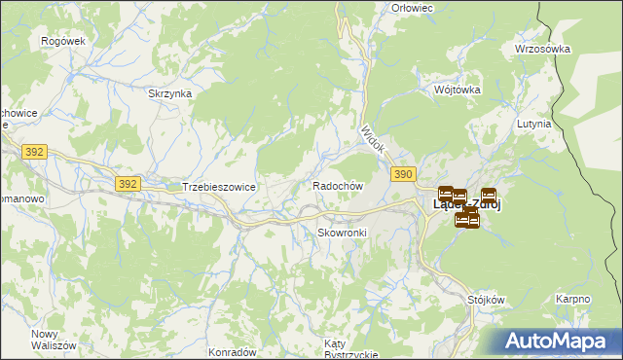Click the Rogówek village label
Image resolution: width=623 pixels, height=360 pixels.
64,41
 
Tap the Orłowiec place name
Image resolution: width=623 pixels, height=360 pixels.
412,8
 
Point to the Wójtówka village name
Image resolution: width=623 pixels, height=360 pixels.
458,89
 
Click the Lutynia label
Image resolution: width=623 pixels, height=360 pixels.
535,124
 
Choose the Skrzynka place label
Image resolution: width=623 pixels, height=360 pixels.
169,93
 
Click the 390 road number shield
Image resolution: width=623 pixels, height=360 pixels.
404,173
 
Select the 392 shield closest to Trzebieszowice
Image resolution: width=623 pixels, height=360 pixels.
127,183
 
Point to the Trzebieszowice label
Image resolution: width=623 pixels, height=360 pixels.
219,185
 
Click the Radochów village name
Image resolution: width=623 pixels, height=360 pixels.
338,185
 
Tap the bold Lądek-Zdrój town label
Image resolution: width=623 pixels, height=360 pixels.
467,204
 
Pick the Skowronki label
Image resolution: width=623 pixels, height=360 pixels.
341,233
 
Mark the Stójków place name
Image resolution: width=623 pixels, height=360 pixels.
487,300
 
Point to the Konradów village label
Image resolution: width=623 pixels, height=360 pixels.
232,351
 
